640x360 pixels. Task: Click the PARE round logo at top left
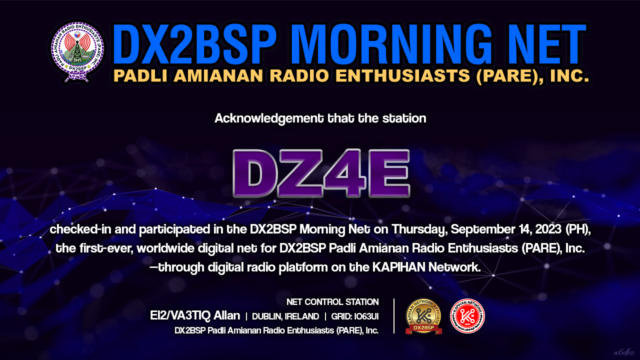(x=77, y=51)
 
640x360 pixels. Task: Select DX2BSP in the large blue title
(x=194, y=44)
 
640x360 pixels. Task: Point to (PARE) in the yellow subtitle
(x=508, y=75)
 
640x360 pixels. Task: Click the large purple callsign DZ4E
(x=321, y=173)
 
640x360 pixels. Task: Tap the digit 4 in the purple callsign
(x=344, y=173)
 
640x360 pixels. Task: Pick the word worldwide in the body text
(x=165, y=248)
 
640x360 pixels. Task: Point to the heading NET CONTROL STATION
(x=332, y=302)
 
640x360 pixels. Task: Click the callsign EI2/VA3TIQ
(x=180, y=315)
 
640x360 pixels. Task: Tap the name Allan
(x=227, y=315)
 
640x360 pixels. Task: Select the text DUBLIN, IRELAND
(x=285, y=316)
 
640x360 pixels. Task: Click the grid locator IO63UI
(x=366, y=316)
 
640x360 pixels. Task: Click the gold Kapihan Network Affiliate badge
(x=423, y=316)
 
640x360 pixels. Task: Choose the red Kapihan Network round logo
(x=467, y=316)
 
